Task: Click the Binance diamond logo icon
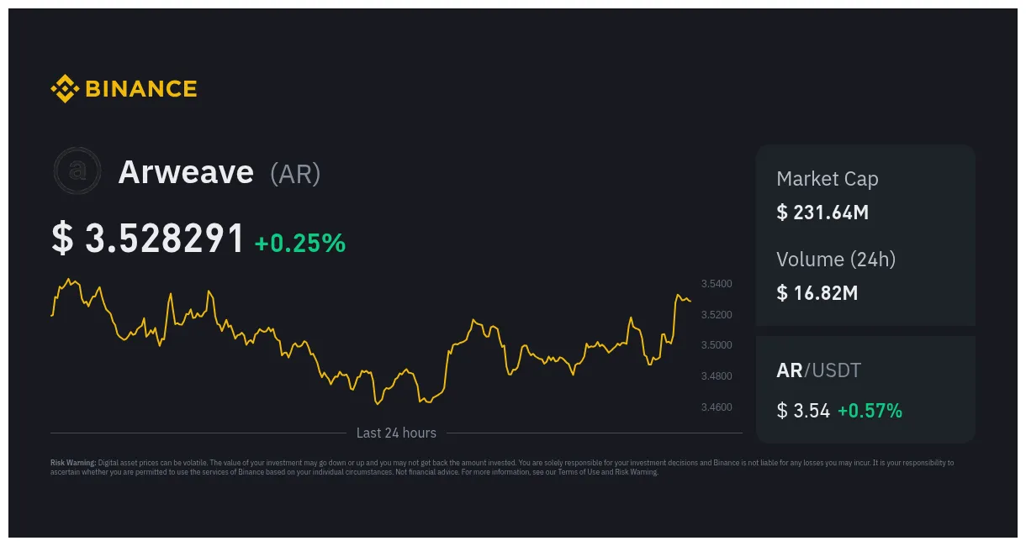tap(64, 88)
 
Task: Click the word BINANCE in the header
tap(140, 89)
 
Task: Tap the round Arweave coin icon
tap(77, 171)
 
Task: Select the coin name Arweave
tap(186, 172)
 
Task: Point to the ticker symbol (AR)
tap(295, 174)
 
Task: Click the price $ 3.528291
tap(148, 239)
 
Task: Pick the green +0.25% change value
tap(300, 243)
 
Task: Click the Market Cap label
tap(827, 179)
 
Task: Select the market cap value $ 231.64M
tap(822, 213)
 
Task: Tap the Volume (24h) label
tap(836, 260)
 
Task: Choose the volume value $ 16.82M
tap(817, 293)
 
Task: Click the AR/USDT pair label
tap(818, 370)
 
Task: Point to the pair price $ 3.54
tap(803, 411)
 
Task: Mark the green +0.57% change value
tap(870, 411)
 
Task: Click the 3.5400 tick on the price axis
tap(717, 284)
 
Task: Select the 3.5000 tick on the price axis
tap(717, 345)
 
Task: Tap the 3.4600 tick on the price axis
tap(717, 407)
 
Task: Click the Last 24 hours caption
tap(396, 433)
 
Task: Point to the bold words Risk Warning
tap(73, 463)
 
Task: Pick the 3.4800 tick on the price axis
tap(717, 376)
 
